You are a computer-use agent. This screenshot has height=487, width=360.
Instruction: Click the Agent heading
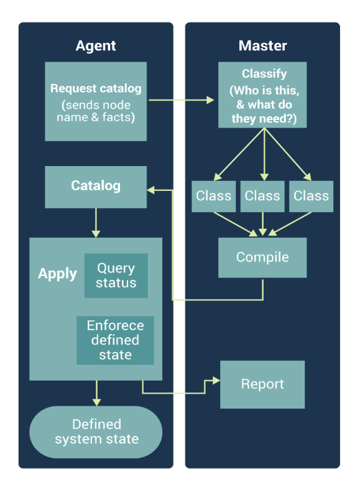(96, 46)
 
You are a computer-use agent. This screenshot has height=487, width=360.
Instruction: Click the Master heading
(262, 45)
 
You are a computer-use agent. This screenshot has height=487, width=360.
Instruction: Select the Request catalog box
(96, 101)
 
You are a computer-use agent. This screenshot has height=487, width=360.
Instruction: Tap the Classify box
(262, 95)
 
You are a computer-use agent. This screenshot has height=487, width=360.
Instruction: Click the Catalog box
(96, 187)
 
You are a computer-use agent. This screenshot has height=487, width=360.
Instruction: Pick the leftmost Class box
(214, 197)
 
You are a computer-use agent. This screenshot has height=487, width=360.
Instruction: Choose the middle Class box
(262, 197)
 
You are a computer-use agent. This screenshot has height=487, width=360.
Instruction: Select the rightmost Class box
(312, 197)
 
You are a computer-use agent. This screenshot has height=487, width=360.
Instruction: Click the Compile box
(262, 257)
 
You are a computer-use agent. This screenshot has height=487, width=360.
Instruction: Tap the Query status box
(116, 276)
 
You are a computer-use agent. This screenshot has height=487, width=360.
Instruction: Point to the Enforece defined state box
(115, 340)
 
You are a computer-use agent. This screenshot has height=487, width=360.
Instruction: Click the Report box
(262, 384)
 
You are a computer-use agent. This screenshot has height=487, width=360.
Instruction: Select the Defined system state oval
(96, 432)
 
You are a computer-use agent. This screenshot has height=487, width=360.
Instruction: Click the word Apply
(57, 274)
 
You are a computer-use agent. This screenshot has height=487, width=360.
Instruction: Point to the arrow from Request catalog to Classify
(182, 100)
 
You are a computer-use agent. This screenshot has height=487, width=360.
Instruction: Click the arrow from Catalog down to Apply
(96, 223)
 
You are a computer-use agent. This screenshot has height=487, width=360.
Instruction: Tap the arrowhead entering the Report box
(216, 381)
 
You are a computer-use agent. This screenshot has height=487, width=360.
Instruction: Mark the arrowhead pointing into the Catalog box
(150, 190)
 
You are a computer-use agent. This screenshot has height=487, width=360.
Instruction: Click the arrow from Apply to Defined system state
(96, 393)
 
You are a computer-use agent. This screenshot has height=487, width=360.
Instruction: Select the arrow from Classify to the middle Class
(264, 154)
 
